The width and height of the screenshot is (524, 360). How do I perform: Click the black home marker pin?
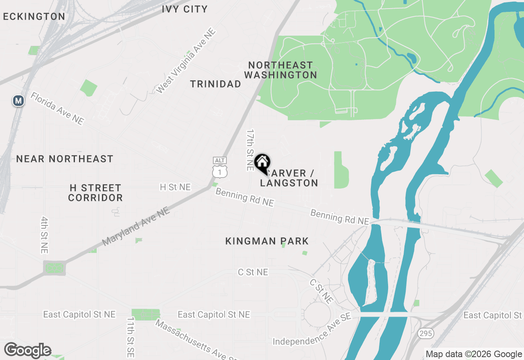point(262,163)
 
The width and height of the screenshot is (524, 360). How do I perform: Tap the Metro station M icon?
point(18,101)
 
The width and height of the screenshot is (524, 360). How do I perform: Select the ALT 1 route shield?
point(220,168)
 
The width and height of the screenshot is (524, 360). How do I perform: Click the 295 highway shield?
point(426,333)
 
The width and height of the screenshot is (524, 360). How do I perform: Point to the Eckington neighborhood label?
point(34,17)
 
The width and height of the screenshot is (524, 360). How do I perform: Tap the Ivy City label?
point(185,9)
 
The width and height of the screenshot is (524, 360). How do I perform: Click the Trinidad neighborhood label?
point(216,84)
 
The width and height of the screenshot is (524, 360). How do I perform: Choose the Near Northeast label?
point(65,159)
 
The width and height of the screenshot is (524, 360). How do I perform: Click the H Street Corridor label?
point(95,193)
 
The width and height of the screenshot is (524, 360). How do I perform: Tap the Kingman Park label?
point(267,241)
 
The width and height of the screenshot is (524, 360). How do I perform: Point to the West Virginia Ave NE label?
point(186,61)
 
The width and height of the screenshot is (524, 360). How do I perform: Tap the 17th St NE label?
point(250,150)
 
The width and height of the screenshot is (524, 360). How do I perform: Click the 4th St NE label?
point(44,234)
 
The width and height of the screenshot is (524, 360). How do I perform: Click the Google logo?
point(28,351)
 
